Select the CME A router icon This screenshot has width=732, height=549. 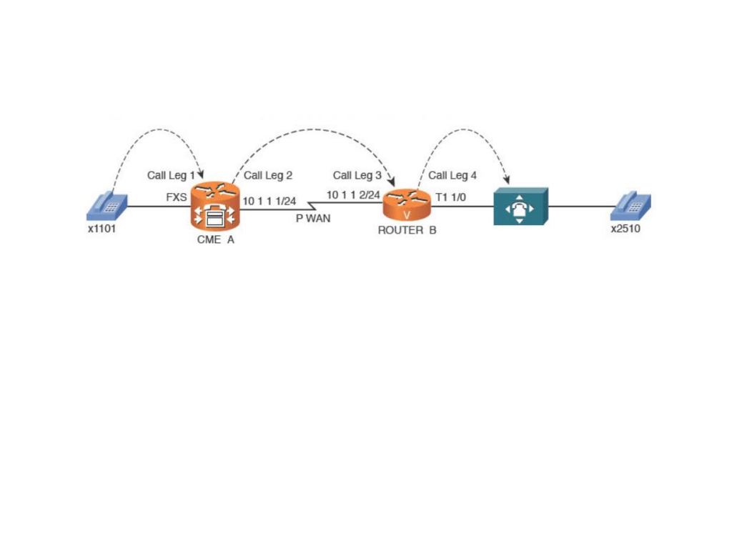point(215,207)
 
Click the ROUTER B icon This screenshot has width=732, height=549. point(407,204)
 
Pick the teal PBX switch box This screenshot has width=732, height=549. point(521,207)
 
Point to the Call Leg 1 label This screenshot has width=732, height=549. point(171,175)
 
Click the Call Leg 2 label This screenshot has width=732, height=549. point(268,175)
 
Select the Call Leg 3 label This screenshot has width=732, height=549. point(357,175)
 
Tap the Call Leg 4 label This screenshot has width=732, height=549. point(452,175)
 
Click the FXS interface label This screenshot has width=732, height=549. point(177,197)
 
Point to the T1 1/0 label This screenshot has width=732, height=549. point(450,197)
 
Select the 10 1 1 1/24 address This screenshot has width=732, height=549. point(269,201)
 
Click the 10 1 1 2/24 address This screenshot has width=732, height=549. point(353,194)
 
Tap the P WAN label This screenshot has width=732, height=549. point(313,218)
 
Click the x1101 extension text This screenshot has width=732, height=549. point(102,229)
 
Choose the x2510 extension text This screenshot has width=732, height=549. point(625,229)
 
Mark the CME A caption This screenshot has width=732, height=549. point(216,239)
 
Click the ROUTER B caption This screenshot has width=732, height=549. point(407,230)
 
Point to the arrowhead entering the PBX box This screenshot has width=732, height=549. point(507,180)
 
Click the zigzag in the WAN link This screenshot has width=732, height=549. point(312,206)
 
